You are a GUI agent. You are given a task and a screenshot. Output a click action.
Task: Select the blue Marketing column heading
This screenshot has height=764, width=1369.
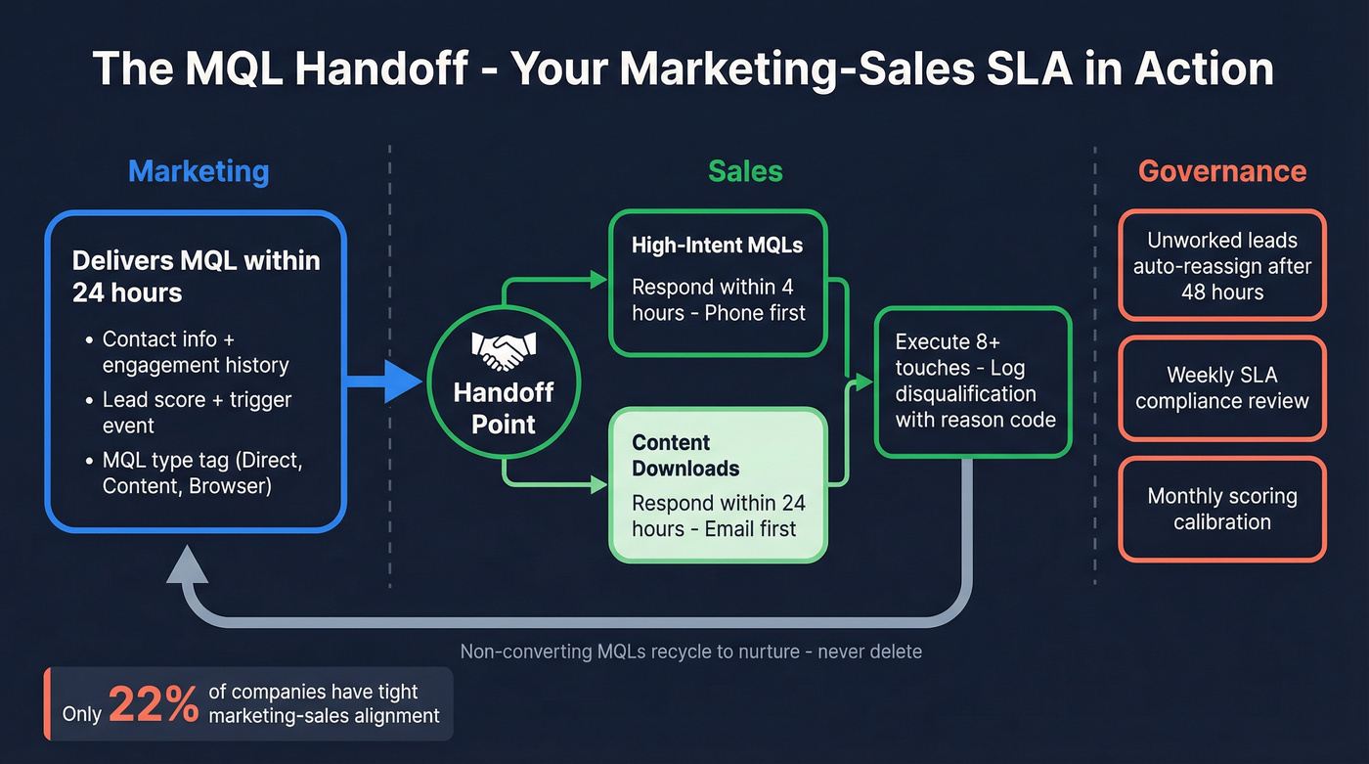(199, 171)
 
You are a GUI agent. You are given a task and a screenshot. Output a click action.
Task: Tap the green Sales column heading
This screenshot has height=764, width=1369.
(745, 171)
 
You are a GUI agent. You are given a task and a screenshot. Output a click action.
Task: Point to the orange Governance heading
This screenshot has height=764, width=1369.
(1221, 171)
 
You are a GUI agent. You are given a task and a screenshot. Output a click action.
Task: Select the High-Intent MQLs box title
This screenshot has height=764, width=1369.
(717, 245)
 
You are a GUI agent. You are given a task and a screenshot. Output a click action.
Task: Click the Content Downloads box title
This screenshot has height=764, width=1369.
(685, 455)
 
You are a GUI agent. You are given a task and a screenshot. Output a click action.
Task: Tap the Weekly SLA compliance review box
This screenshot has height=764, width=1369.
(1222, 387)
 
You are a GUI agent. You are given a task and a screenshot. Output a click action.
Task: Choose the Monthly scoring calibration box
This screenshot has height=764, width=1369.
(1222, 509)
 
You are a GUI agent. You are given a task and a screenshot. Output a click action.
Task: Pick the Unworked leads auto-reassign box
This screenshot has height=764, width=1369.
(1222, 265)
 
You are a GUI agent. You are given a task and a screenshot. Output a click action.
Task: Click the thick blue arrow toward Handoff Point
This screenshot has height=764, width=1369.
(385, 381)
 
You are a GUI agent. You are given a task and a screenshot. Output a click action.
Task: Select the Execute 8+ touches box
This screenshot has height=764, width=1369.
(974, 382)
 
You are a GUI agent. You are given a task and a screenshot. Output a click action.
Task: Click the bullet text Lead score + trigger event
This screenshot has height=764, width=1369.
(197, 412)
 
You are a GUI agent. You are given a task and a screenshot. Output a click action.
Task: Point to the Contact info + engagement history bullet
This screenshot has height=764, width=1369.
(196, 352)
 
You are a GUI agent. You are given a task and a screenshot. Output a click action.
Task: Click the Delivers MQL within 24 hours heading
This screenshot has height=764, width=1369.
(196, 276)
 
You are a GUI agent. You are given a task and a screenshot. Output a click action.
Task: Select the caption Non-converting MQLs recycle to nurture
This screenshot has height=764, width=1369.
(690, 651)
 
